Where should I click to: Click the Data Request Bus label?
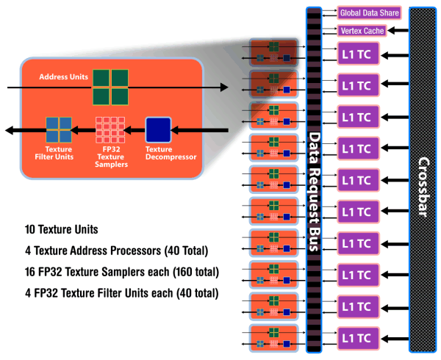point(313,192)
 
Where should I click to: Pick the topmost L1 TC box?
point(356,54)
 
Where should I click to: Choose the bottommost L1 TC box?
point(356,337)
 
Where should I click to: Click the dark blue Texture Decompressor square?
point(158,130)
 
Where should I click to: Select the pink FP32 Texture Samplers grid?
point(108,130)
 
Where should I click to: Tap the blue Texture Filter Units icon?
point(58,130)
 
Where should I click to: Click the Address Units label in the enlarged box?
point(63,76)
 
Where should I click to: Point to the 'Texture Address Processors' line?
point(116,251)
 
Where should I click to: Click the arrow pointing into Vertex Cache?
point(397,30)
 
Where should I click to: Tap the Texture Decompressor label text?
point(159,154)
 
